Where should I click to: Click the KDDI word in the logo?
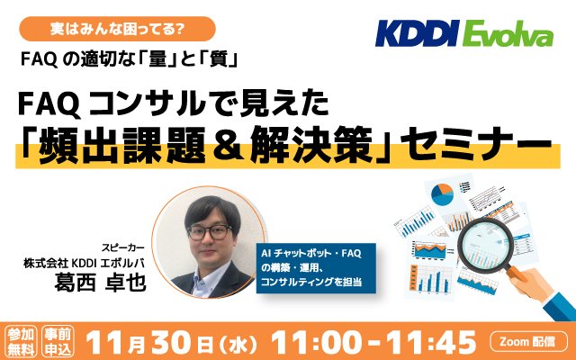click(418, 33)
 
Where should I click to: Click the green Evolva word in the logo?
click(508, 33)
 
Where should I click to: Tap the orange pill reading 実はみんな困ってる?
click(117, 29)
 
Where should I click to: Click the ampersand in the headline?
click(228, 145)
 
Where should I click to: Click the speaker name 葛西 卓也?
click(100, 282)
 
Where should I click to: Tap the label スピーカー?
click(123, 248)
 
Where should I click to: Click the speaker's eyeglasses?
click(210, 232)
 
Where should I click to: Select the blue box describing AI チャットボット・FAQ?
click(316, 268)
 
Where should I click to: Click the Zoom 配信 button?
click(528, 342)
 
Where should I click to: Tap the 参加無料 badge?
click(21, 342)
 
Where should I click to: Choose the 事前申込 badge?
click(58, 342)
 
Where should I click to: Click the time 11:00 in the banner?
click(316, 342)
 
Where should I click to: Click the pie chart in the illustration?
click(442, 194)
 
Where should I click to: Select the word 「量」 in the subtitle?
click(158, 59)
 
